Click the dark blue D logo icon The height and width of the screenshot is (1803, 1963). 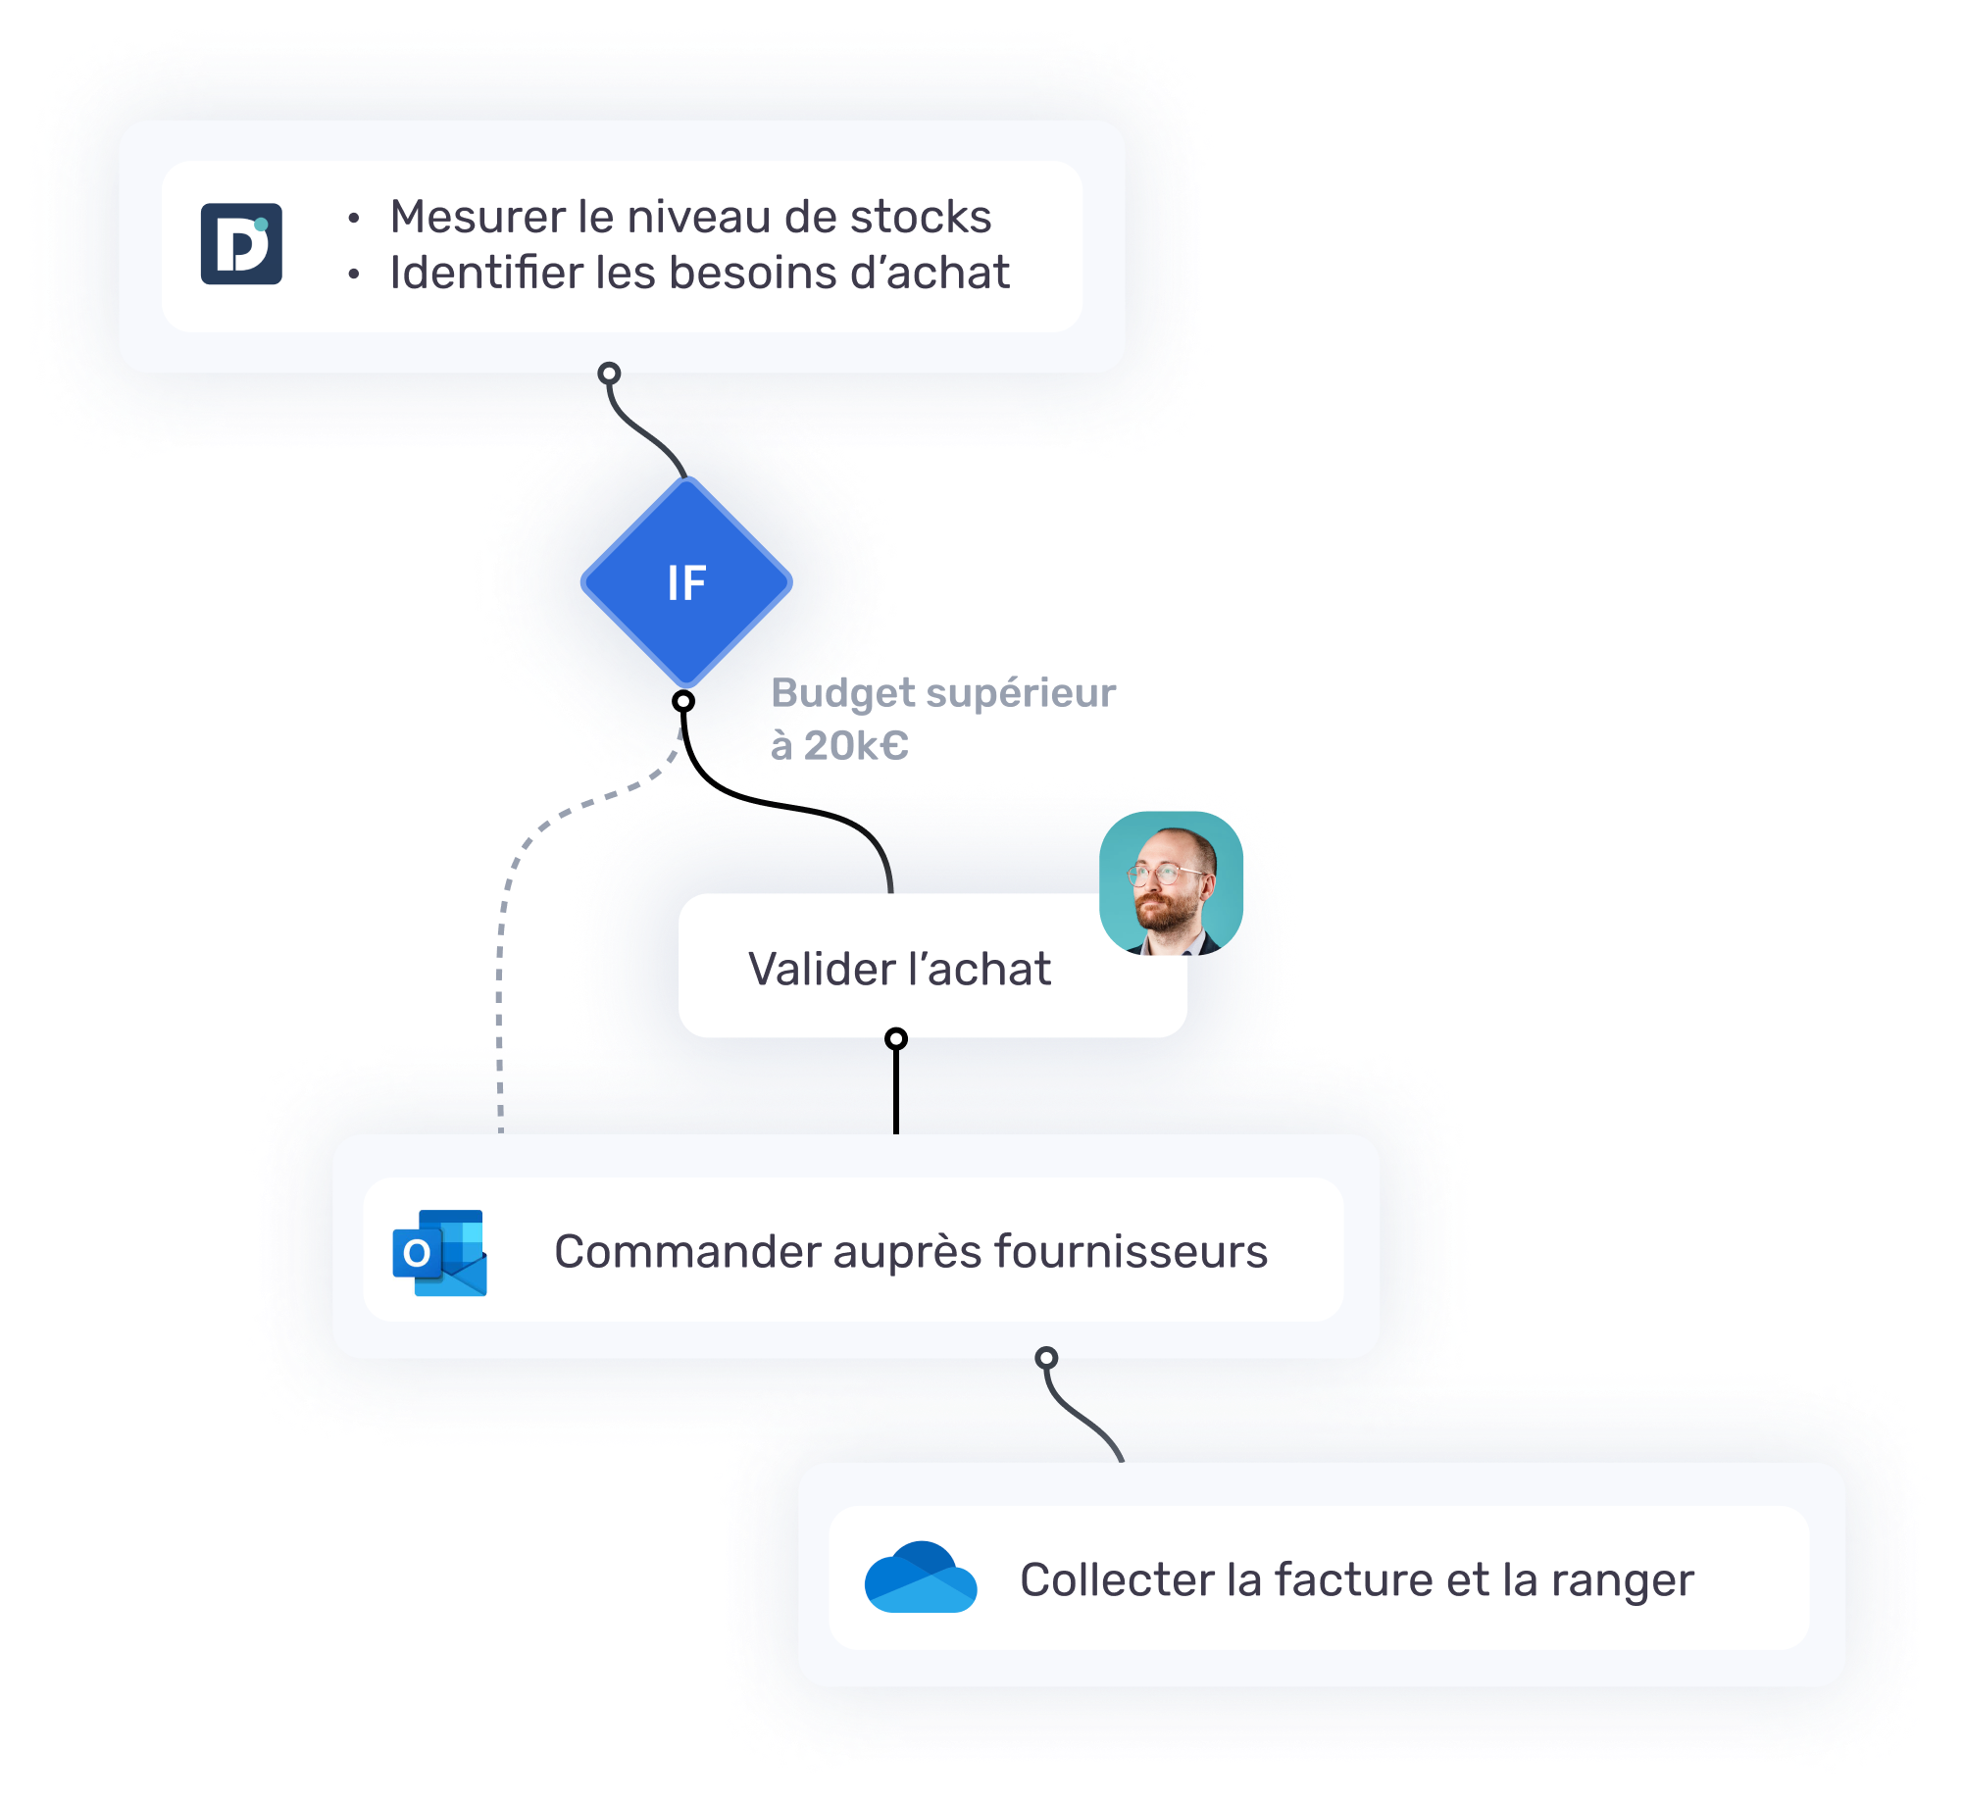tap(241, 244)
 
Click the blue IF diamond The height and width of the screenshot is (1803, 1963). tap(686, 582)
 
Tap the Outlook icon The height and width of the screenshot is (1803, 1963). tap(439, 1252)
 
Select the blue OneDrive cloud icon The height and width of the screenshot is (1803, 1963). tap(920, 1578)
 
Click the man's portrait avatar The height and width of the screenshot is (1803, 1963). tap(1171, 883)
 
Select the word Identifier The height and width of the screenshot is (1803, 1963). tap(486, 273)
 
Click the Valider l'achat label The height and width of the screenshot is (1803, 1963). tap(899, 969)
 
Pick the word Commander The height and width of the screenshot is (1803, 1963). tap(686, 1252)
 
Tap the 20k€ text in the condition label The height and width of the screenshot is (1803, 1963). tap(855, 746)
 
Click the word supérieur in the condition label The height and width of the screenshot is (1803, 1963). tap(1020, 693)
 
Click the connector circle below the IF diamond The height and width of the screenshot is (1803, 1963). tap(683, 701)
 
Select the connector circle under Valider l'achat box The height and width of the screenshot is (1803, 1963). tap(895, 1038)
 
